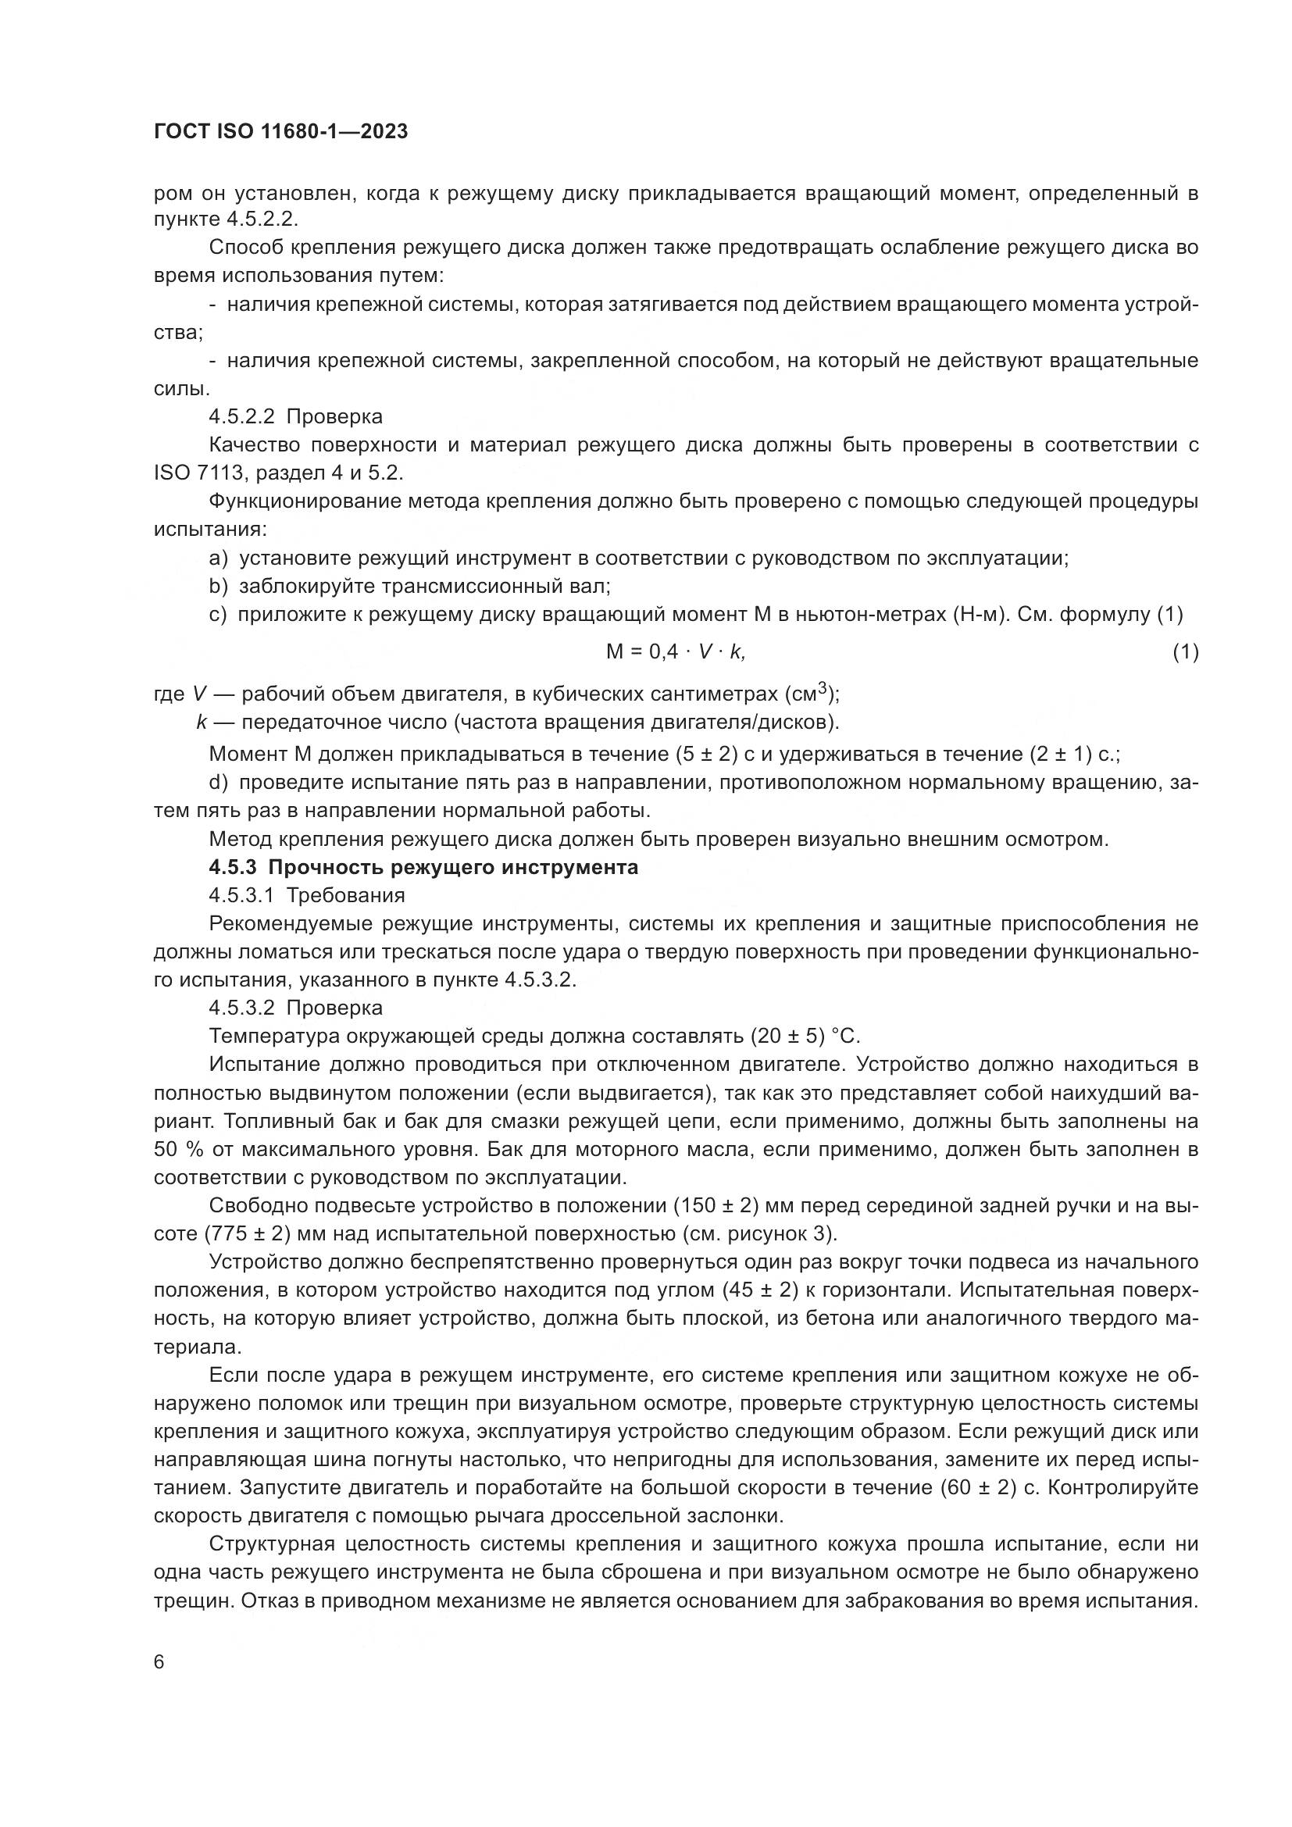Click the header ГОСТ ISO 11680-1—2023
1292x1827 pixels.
281,131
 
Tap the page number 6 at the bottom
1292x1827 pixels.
159,1662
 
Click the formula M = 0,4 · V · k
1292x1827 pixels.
676,651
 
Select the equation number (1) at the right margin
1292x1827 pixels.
1186,651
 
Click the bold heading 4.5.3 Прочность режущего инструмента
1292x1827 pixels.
423,866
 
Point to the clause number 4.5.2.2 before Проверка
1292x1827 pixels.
242,416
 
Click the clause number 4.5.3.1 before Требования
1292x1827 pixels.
242,895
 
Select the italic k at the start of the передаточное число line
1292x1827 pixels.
202,723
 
